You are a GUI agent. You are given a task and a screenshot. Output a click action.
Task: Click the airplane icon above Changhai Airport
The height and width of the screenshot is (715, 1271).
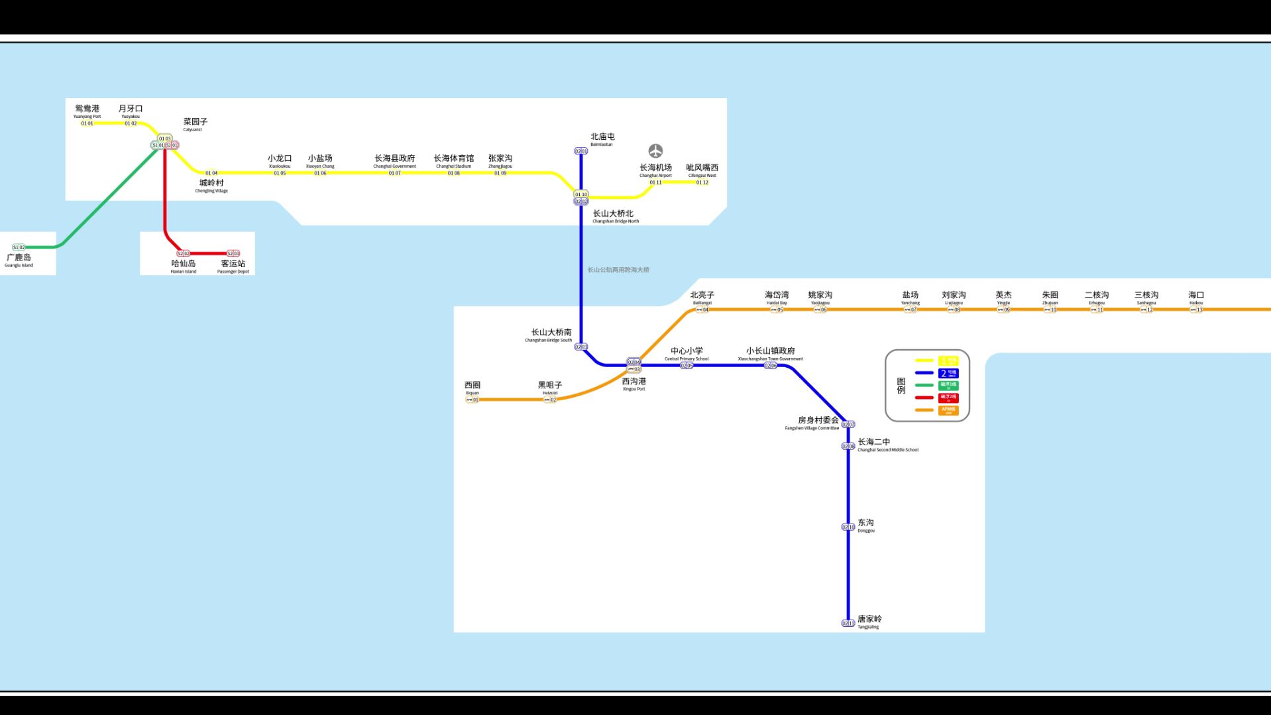click(655, 150)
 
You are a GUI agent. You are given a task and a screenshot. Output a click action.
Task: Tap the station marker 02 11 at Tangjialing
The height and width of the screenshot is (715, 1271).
click(848, 624)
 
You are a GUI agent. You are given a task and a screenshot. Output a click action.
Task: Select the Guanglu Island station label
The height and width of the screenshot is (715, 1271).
click(19, 259)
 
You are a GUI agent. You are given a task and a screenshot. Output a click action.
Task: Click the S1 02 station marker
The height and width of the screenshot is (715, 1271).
click(19, 247)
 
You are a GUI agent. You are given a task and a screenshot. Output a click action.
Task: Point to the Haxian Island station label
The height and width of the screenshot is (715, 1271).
click(184, 266)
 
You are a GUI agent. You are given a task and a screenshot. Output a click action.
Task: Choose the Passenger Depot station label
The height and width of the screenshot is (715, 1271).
click(233, 266)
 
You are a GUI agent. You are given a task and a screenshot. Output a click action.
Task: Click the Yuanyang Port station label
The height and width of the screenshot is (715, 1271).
click(87, 111)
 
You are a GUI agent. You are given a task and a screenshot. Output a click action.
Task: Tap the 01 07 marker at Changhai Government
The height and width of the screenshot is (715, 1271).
click(395, 174)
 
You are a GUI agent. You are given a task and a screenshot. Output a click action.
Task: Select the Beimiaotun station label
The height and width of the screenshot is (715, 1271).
click(602, 139)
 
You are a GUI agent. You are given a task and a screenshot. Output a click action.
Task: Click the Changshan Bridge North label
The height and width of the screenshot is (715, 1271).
click(614, 216)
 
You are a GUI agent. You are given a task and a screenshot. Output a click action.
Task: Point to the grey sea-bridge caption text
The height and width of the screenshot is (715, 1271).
click(618, 270)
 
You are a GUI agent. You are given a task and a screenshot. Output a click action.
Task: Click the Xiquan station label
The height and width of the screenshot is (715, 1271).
click(472, 387)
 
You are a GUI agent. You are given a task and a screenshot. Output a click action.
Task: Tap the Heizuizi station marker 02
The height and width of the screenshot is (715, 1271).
click(550, 400)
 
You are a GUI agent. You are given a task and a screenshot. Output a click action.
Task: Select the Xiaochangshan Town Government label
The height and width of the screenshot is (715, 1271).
click(771, 353)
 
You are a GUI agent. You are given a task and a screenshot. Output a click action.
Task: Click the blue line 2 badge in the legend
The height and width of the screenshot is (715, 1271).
click(948, 373)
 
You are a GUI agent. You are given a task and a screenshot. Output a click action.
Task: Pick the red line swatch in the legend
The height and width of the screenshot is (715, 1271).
click(924, 398)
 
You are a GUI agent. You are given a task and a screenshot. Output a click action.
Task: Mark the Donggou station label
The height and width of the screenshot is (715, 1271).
click(866, 525)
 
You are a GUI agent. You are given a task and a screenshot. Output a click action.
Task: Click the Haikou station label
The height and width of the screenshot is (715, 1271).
click(1196, 297)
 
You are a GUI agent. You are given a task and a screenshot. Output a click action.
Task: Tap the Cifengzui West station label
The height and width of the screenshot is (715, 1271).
click(702, 170)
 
